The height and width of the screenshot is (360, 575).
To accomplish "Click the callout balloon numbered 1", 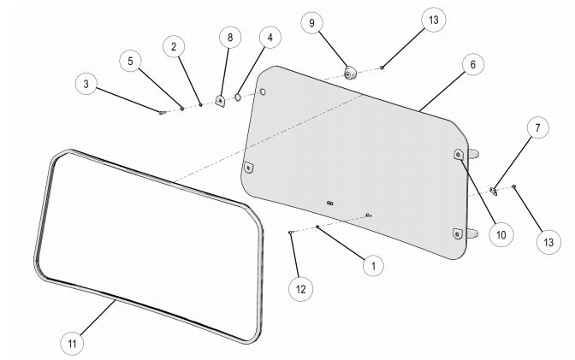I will [x=372, y=265].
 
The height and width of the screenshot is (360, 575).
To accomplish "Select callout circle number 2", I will [x=174, y=46].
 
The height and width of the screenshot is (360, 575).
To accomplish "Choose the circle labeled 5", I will [x=131, y=61].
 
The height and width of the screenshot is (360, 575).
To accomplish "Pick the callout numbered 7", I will [x=537, y=128].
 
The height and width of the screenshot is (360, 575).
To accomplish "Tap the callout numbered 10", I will [x=499, y=233].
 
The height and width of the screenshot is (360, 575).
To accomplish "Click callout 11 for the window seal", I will [x=74, y=343].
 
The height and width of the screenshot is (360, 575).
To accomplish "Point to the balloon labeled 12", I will [x=300, y=289].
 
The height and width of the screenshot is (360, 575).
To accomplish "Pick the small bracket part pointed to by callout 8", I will [x=220, y=100].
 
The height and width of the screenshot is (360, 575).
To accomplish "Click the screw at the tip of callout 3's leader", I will [x=161, y=112].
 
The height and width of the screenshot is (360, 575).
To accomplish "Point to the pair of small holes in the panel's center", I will [x=330, y=203].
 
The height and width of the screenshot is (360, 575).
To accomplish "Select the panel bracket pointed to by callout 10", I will [x=459, y=154].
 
